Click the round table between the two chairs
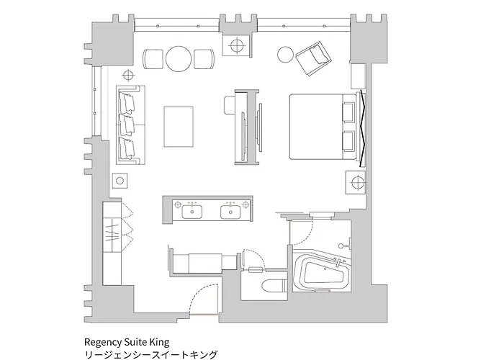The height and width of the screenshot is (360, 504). coord(179,59)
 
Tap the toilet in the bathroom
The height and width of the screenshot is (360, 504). coord(274,286)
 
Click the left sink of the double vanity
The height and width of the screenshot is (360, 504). coord(192,212)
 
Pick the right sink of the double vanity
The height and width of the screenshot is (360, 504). coord(230,212)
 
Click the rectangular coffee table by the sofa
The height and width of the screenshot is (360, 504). coord(179,127)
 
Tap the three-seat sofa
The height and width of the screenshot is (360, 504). coord(130,124)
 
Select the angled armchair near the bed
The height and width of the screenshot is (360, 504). coord(313,58)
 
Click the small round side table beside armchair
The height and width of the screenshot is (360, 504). coord(285,55)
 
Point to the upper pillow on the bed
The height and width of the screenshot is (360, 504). coord(348,112)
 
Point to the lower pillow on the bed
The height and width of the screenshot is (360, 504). coord(348,140)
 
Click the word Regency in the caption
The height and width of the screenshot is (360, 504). coord(100,342)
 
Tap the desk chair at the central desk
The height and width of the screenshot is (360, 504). coord(230,105)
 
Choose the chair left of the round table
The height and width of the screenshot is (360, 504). coord(153,59)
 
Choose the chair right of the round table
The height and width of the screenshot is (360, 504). coord(204,59)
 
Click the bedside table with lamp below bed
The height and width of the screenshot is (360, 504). coord(356,183)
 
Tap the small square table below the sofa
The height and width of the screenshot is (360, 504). coord(120,181)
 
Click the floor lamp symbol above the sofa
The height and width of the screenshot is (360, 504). coord(128,76)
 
